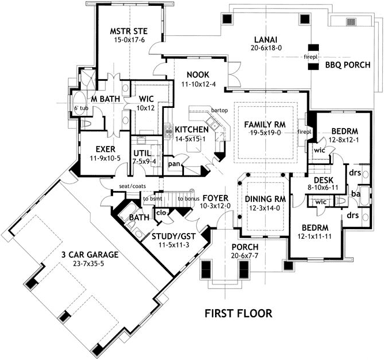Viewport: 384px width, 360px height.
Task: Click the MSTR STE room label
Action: click(x=129, y=31)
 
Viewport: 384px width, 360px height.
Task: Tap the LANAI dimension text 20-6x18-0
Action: click(x=266, y=48)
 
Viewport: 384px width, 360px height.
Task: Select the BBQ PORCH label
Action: click(x=348, y=65)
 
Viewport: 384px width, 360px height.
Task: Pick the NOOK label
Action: click(x=198, y=74)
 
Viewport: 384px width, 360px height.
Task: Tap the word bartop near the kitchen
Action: click(x=220, y=110)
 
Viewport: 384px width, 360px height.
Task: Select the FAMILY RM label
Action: click(x=265, y=125)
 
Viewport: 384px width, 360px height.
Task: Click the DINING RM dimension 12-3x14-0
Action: click(x=265, y=208)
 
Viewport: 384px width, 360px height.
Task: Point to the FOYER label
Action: click(x=216, y=198)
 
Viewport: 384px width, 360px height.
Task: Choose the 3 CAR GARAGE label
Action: click(x=90, y=254)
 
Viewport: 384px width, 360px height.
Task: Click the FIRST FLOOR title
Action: click(x=238, y=313)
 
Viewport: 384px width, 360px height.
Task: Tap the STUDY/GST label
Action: click(x=174, y=237)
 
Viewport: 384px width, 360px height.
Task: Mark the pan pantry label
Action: click(x=174, y=164)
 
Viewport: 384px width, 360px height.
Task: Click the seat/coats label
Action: click(x=132, y=186)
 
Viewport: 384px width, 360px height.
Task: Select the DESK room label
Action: click(x=323, y=181)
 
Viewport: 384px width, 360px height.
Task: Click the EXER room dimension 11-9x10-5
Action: click(x=105, y=158)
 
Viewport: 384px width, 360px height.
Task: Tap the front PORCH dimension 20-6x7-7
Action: click(x=244, y=256)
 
